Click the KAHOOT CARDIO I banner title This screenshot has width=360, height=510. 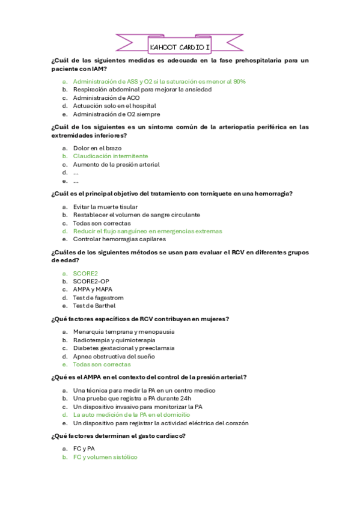[x=180, y=46]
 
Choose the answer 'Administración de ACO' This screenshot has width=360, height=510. [x=106, y=98]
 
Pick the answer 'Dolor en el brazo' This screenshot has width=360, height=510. [x=97, y=148]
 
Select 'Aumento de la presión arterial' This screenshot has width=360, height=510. [x=116, y=164]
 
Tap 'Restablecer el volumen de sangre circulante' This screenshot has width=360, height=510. [x=136, y=215]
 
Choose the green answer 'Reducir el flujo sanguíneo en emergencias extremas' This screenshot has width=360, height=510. [x=147, y=231]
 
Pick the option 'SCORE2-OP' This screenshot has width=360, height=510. [x=91, y=281]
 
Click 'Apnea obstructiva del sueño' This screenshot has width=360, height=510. [x=114, y=356]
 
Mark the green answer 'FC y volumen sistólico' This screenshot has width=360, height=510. [x=105, y=457]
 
